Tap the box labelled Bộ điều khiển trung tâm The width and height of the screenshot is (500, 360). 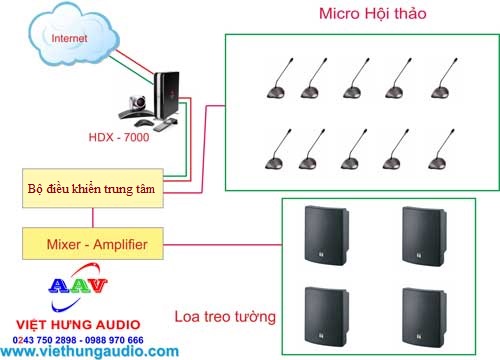click(x=93, y=187)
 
